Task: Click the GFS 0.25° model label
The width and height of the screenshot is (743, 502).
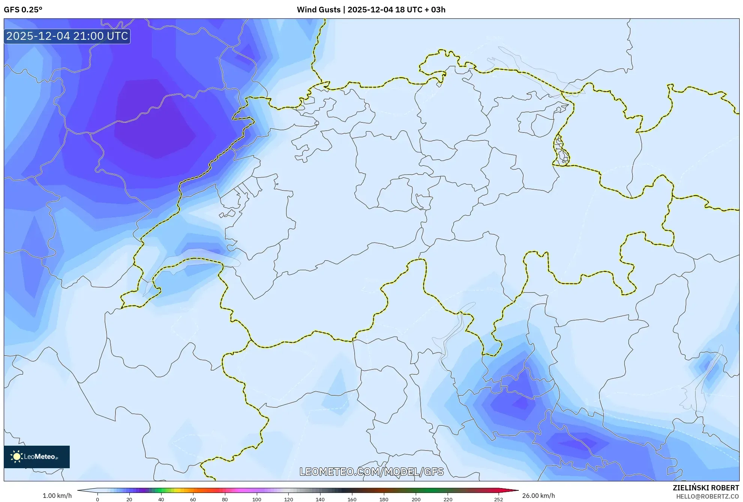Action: click(23, 10)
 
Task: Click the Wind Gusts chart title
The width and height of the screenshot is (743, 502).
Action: click(371, 10)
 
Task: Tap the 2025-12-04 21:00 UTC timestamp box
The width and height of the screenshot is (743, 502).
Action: click(67, 36)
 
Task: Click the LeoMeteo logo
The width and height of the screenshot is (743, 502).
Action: click(37, 457)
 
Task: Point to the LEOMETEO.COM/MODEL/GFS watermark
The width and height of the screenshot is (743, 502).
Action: click(371, 472)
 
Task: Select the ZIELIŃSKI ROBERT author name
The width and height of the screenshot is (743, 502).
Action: click(706, 488)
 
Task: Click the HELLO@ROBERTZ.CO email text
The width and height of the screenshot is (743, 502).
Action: click(707, 496)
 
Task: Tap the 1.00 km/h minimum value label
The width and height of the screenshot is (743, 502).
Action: click(57, 496)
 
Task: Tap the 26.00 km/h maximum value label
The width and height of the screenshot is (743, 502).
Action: click(538, 496)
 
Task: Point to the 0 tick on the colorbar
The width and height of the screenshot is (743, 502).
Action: click(97, 499)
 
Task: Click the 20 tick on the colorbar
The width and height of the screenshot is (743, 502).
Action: click(129, 499)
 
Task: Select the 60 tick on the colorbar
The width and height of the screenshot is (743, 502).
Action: click(193, 499)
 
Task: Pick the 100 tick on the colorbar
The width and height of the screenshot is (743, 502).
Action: click(256, 499)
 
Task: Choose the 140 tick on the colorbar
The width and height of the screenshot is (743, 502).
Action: click(320, 499)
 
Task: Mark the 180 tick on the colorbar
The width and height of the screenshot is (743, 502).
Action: click(384, 499)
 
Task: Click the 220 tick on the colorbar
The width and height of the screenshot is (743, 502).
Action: click(448, 499)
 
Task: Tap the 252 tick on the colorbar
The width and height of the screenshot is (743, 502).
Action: click(498, 499)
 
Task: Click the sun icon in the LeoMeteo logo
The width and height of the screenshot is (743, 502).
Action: click(16, 457)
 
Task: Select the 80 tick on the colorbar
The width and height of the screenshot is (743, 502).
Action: click(225, 499)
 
